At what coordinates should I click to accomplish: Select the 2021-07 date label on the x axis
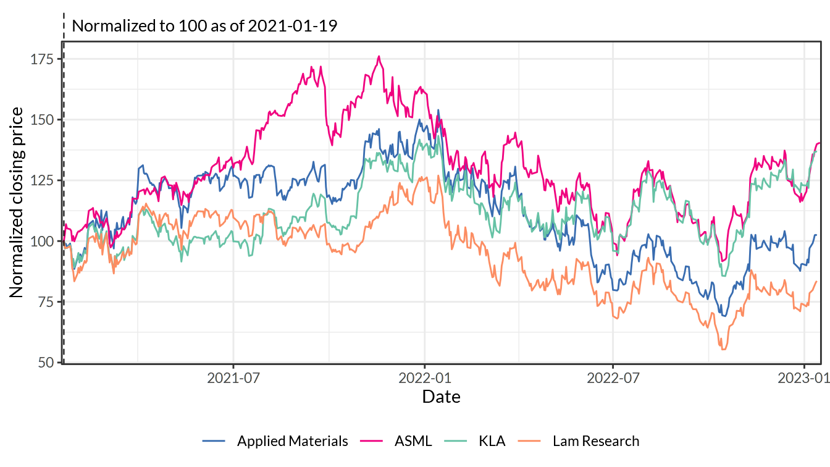233,378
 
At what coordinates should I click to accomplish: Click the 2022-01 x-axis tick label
424,378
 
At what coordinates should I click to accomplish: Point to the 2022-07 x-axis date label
613,378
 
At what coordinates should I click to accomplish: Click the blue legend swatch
214,441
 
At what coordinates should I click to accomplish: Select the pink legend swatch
371,441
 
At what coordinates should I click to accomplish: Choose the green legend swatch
456,441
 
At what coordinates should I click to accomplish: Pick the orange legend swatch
529,441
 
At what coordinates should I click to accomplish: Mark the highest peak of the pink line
379,56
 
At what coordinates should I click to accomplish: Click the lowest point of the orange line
723,350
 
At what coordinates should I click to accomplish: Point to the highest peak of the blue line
438,111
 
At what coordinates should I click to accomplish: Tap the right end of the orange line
817,281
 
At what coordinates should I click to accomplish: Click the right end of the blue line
817,235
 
